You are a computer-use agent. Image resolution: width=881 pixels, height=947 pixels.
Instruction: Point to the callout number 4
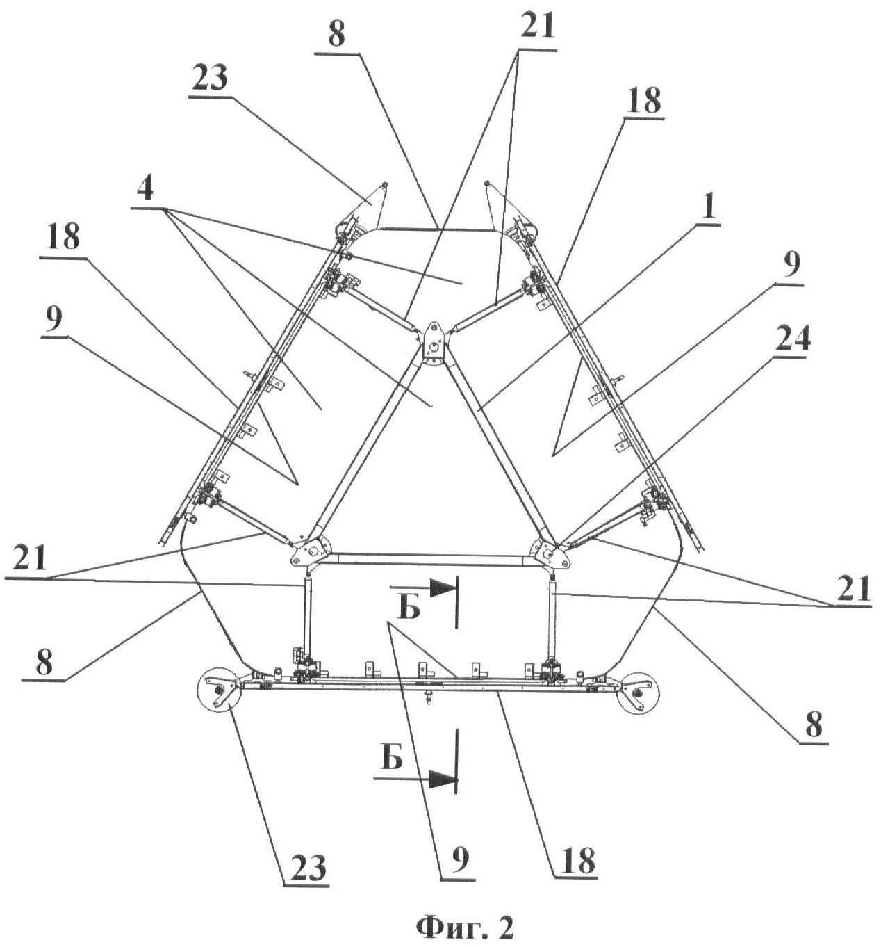tap(145, 189)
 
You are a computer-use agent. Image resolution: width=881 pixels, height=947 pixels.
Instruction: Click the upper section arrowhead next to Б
tap(443, 588)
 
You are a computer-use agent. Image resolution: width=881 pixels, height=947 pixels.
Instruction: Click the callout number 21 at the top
tap(537, 26)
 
